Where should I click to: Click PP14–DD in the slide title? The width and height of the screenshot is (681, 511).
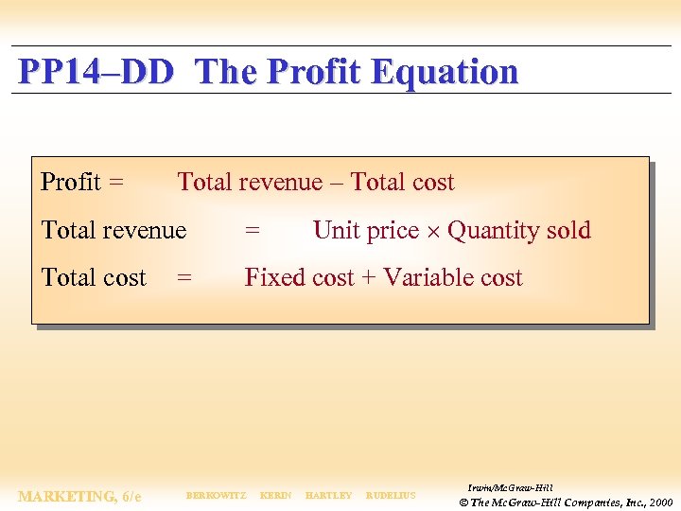coord(96,72)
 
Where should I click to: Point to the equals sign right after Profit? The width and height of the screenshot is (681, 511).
coord(115,183)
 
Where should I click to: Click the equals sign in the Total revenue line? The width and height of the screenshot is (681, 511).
coord(253,231)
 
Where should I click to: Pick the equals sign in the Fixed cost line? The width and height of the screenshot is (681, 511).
coord(184,278)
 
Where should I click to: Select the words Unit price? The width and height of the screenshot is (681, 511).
coord(365,231)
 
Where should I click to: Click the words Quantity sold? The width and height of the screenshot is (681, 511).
coord(519,231)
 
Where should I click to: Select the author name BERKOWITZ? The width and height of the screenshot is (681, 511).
coord(216,496)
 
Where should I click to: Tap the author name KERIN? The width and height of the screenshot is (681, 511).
coord(275,496)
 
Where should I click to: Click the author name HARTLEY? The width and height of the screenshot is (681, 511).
coord(328,496)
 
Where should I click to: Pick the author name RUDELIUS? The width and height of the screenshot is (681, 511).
coord(391,496)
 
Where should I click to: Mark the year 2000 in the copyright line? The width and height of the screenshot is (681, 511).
coord(661,502)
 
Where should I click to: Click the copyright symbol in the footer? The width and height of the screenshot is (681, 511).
coord(463,502)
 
